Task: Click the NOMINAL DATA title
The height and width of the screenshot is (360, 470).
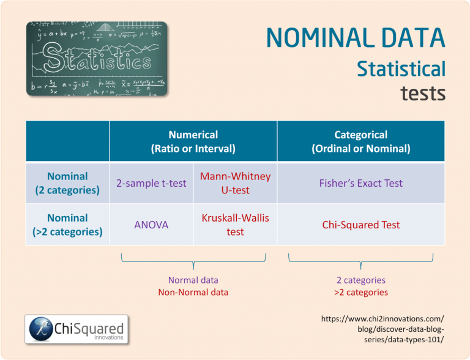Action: click(356, 39)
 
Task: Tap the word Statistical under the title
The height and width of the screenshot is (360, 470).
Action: click(401, 69)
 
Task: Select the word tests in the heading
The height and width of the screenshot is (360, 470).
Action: click(423, 93)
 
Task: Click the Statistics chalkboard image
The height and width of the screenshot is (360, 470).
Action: click(96, 59)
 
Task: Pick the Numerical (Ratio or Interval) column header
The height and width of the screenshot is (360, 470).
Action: click(193, 141)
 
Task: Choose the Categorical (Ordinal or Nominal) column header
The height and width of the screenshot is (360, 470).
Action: click(360, 141)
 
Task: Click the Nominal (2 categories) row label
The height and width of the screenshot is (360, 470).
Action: click(67, 183)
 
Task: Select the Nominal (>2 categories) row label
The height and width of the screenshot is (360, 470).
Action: click(67, 225)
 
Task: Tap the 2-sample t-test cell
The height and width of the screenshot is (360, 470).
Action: click(151, 183)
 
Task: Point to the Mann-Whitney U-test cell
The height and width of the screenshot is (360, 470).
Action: click(235, 183)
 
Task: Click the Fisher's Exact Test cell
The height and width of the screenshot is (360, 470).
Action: click(360, 183)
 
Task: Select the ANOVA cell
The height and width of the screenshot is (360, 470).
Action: click(151, 225)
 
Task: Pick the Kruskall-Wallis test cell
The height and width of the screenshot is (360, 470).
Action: click(235, 225)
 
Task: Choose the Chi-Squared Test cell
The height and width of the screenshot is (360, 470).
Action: click(360, 225)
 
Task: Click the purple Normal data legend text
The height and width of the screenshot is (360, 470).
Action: click(193, 280)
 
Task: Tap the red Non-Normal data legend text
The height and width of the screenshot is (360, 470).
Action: click(193, 292)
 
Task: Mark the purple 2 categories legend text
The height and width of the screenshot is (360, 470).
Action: click(360, 280)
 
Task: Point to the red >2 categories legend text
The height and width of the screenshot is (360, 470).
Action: click(360, 292)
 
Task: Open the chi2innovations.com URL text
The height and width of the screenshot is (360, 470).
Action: click(382, 329)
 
